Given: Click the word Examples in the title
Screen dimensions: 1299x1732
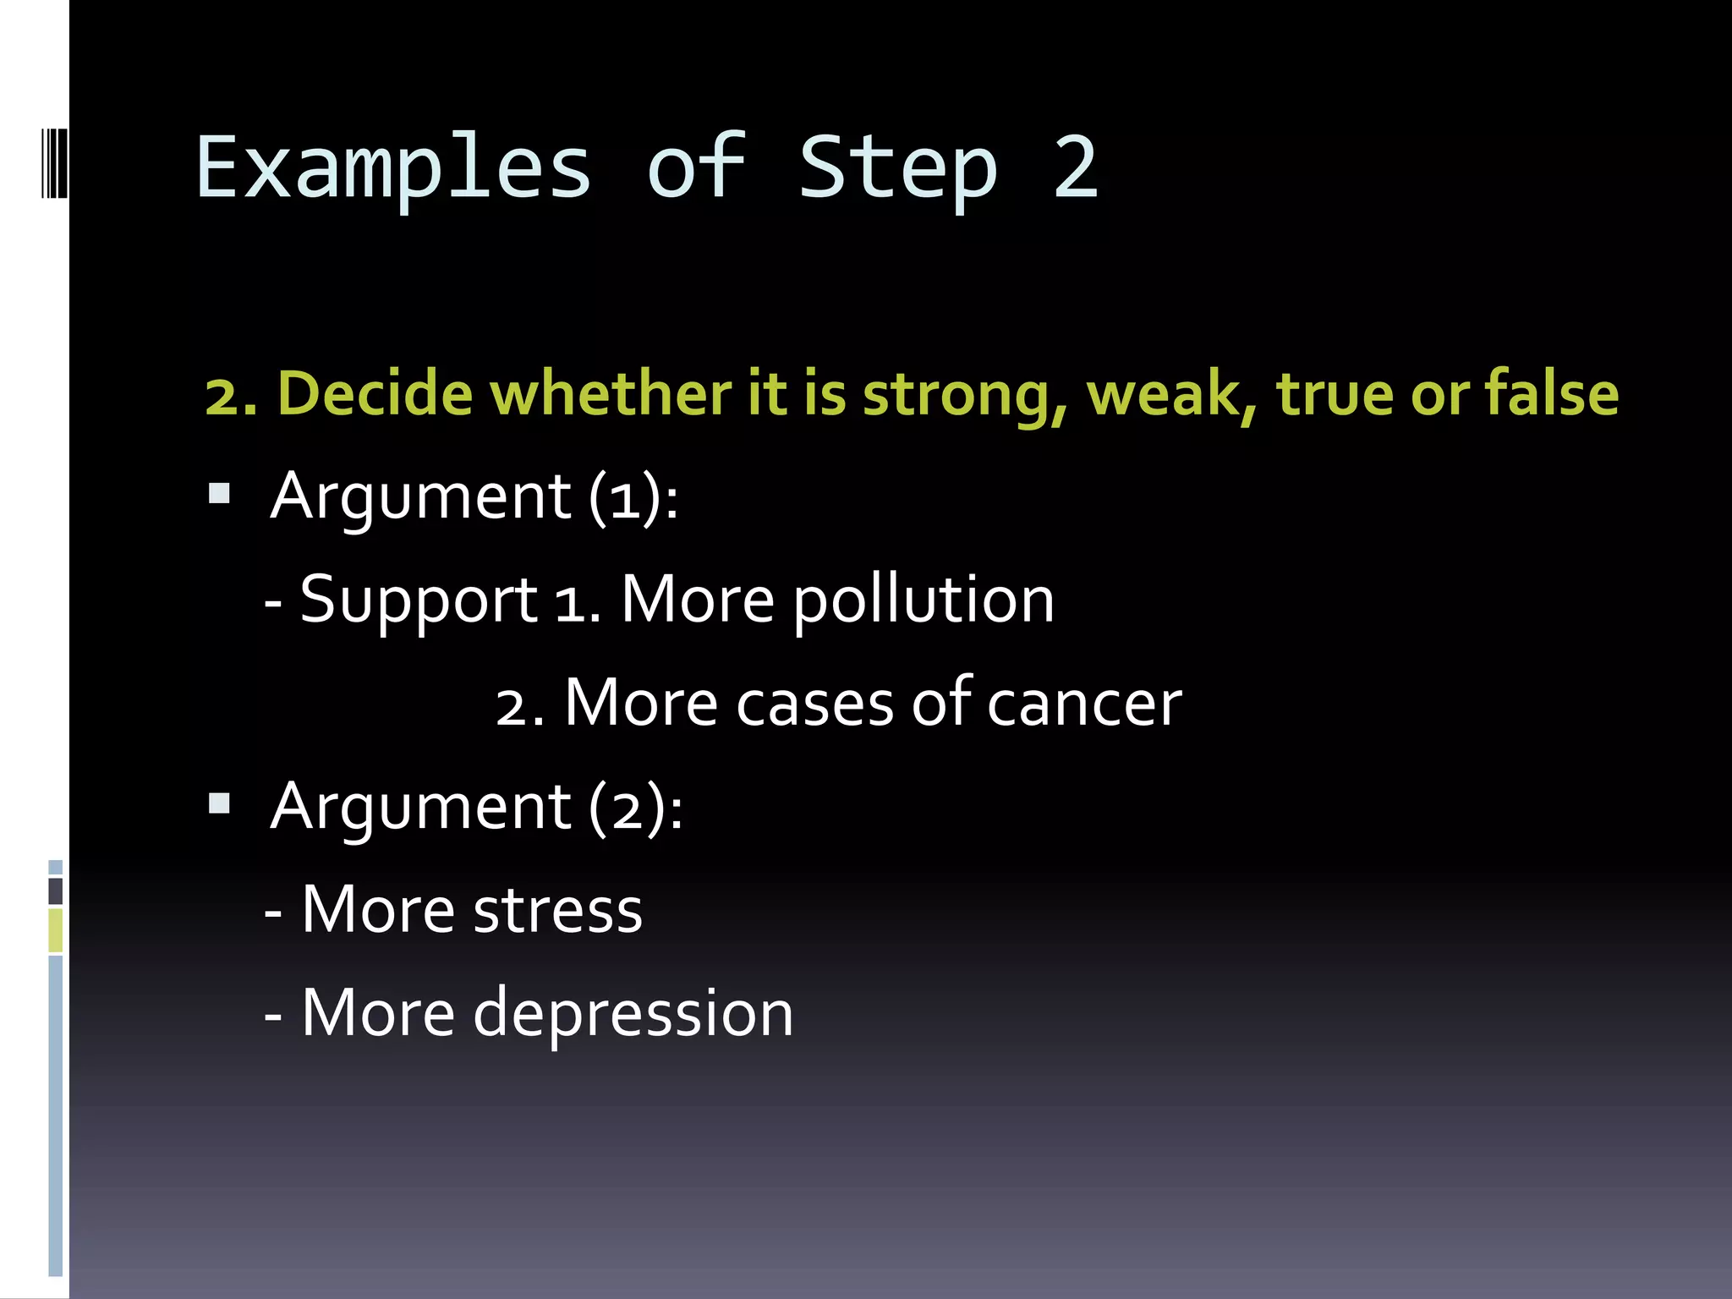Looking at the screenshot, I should (393, 169).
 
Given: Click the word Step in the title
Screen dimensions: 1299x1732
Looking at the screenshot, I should (898, 169).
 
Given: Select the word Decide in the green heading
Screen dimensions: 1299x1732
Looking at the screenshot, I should (375, 394).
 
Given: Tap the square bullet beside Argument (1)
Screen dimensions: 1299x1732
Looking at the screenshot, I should (220, 493).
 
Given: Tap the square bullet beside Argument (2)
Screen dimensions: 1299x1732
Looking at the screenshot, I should (220, 803).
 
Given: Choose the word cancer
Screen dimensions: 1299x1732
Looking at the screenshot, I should (1083, 704).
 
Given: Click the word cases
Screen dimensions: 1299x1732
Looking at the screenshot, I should (814, 704).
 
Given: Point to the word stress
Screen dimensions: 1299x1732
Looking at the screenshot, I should (557, 911).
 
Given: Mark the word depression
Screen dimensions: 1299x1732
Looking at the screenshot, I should (633, 1014).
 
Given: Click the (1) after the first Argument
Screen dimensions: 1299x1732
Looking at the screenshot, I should (625, 497).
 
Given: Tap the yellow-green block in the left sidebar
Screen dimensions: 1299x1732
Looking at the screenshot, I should (55, 929).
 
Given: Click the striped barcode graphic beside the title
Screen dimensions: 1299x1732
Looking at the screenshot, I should (54, 162).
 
